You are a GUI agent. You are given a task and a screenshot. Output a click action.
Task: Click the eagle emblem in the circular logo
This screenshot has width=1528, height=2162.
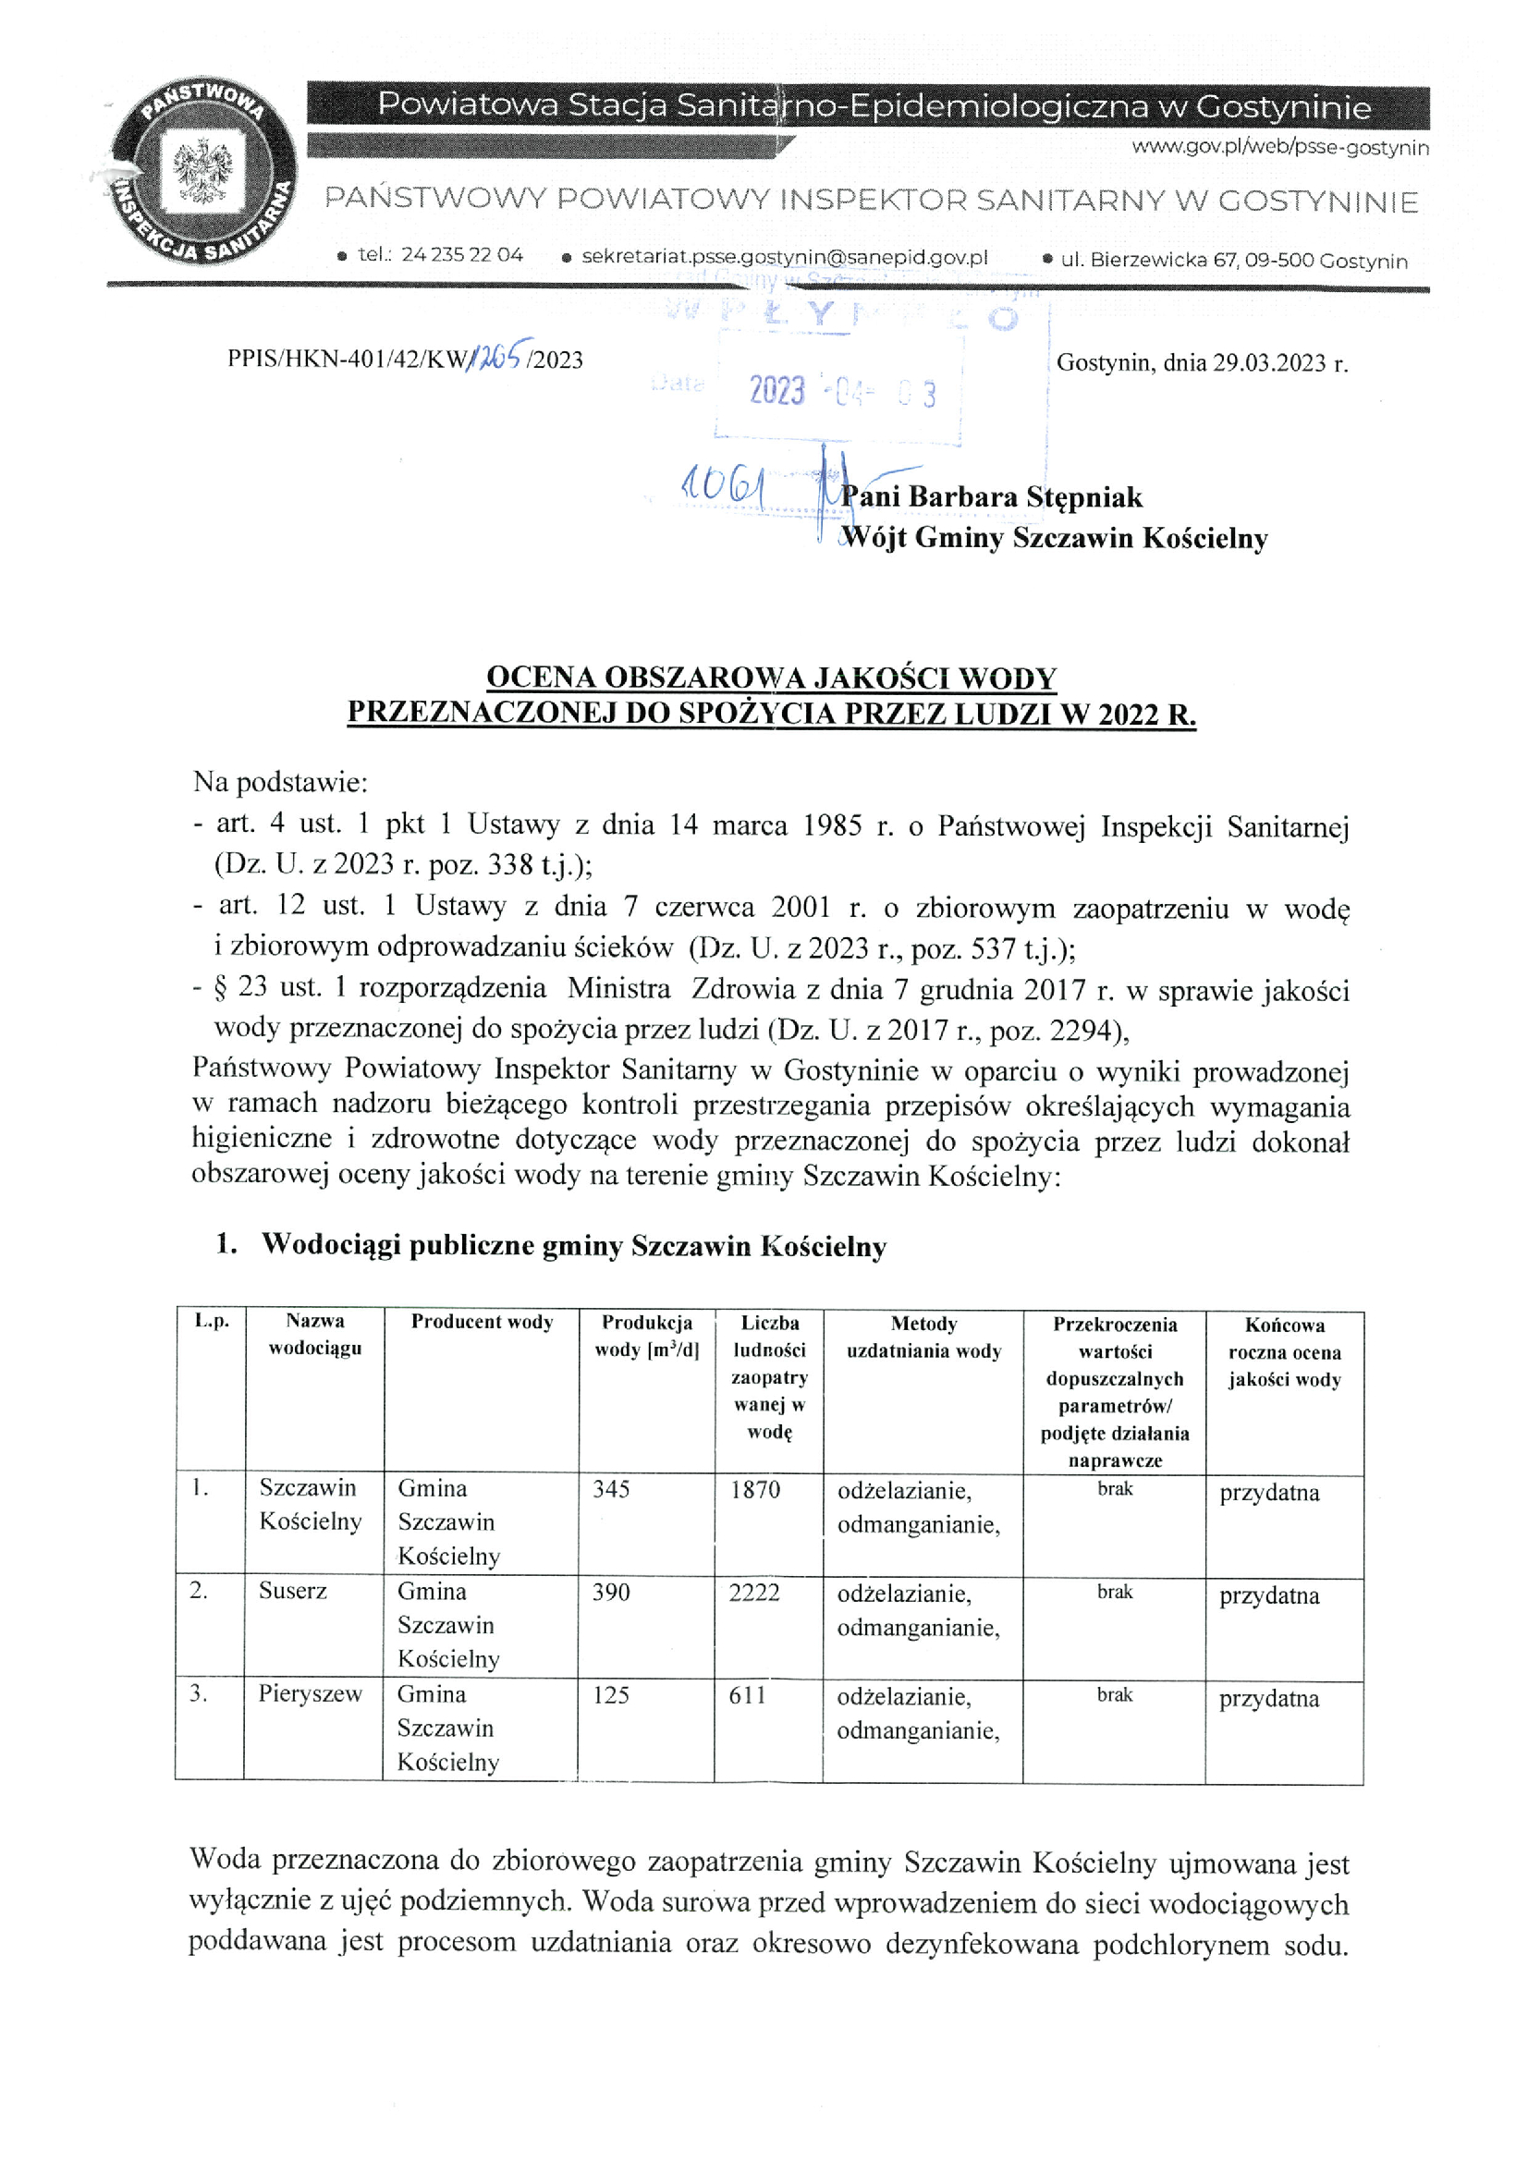pos(202,169)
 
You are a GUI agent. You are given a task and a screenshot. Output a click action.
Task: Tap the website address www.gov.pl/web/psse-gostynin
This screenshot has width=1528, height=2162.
pos(1279,147)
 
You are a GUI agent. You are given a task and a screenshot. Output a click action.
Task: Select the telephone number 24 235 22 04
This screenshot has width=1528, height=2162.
pos(461,254)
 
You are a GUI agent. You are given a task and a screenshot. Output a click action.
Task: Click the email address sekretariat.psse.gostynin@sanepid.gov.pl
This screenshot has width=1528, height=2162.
pos(784,257)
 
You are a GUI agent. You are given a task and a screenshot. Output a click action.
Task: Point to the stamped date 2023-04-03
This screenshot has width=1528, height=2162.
pos(842,390)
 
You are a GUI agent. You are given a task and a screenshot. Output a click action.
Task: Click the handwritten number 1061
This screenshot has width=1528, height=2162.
pos(723,486)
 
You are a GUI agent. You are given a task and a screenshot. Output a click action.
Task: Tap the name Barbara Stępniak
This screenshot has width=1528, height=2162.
pos(1025,496)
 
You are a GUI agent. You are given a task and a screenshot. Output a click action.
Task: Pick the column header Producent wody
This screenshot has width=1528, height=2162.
pos(482,1321)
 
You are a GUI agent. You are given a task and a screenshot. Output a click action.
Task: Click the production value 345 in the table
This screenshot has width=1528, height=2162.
pos(611,1489)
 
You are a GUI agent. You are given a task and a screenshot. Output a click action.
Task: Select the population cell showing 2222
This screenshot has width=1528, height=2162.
pos(754,1592)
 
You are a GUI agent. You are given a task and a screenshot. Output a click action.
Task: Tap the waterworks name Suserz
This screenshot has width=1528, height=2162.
pos(293,1591)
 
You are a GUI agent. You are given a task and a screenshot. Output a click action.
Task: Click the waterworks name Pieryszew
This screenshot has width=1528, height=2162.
pos(310,1693)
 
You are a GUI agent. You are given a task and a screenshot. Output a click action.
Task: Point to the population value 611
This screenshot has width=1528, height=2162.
pos(748,1695)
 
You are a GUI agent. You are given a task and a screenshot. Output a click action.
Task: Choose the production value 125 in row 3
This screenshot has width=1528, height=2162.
pos(610,1695)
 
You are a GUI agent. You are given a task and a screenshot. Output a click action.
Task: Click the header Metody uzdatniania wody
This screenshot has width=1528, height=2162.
pos(923,1337)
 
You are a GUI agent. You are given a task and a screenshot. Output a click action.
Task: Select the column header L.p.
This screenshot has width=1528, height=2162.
pos(212,1320)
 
